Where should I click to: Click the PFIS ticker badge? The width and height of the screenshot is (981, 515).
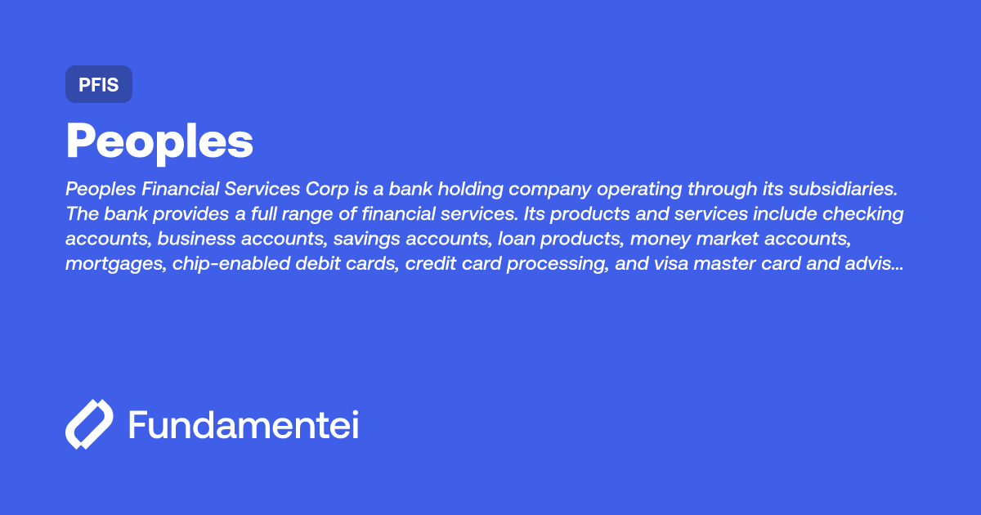point(99,85)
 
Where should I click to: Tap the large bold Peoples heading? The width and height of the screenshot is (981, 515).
point(159,141)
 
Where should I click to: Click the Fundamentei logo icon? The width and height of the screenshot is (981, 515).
point(89,424)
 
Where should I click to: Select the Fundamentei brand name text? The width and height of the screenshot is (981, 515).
point(244,424)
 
